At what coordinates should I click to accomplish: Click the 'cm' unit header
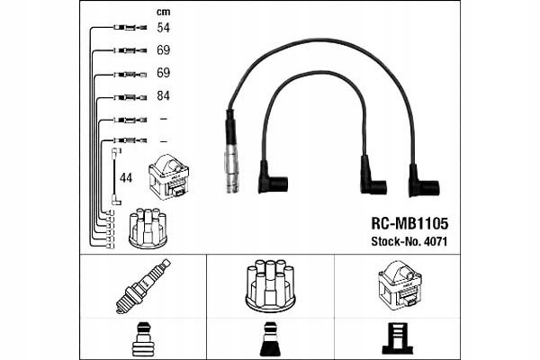(x=163, y=12)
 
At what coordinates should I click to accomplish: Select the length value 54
(x=163, y=29)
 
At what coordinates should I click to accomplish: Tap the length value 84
(x=163, y=95)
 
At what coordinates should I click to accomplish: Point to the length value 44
(x=126, y=178)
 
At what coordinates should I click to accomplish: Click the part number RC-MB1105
(x=409, y=222)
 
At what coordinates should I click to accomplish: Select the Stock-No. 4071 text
(x=409, y=241)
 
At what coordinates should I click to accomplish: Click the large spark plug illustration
(x=143, y=285)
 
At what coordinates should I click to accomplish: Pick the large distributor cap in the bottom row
(x=271, y=287)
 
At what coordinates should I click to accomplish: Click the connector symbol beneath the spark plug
(x=143, y=338)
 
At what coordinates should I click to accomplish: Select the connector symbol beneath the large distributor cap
(x=271, y=338)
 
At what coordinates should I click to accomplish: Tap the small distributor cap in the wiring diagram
(x=146, y=229)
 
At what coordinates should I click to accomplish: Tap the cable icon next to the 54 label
(x=130, y=29)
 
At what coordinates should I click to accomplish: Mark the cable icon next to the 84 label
(x=130, y=96)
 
